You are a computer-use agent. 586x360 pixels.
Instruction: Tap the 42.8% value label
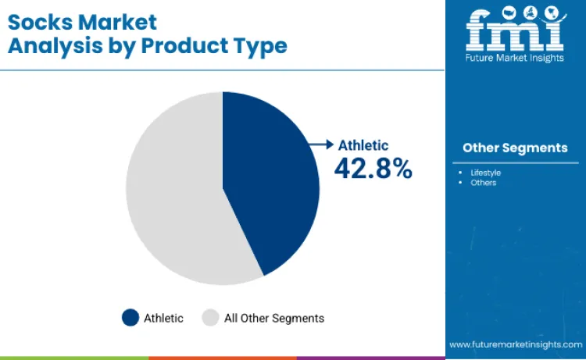point(373,167)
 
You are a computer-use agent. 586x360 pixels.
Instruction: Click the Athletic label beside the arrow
point(363,144)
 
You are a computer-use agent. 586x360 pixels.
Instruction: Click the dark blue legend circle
point(130,318)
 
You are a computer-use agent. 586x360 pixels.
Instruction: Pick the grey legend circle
point(210,318)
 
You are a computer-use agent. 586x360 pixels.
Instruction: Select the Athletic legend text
point(163,318)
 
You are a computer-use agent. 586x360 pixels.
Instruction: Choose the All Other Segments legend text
point(273,318)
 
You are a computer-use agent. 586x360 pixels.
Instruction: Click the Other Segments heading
point(515,148)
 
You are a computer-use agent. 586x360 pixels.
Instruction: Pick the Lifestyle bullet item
point(485,172)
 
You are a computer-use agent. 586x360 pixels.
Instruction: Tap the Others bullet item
point(483,183)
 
